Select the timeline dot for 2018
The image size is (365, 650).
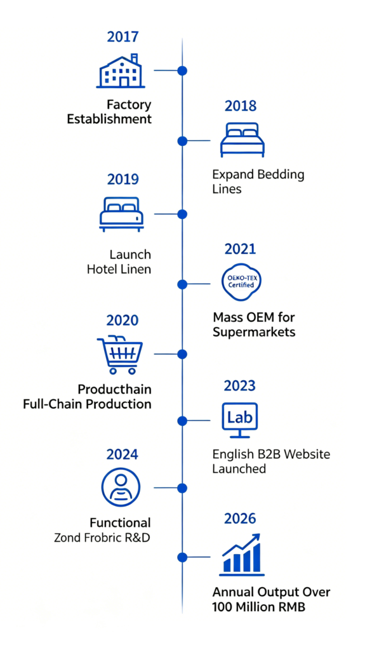(x=182, y=141)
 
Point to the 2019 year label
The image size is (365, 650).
(x=123, y=180)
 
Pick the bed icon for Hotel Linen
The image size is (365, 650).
(x=121, y=214)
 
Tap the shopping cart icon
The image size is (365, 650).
(x=120, y=354)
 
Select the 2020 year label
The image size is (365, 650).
(x=123, y=321)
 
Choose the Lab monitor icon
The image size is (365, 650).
(x=240, y=420)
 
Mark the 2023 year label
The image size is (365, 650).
(x=240, y=385)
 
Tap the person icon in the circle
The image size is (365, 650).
(x=121, y=487)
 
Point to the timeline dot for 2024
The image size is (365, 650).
(x=182, y=488)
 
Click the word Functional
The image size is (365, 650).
(x=120, y=522)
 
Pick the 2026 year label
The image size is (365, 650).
(x=240, y=519)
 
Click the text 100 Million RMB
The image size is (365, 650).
(x=259, y=607)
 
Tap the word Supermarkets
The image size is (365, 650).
(x=254, y=333)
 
